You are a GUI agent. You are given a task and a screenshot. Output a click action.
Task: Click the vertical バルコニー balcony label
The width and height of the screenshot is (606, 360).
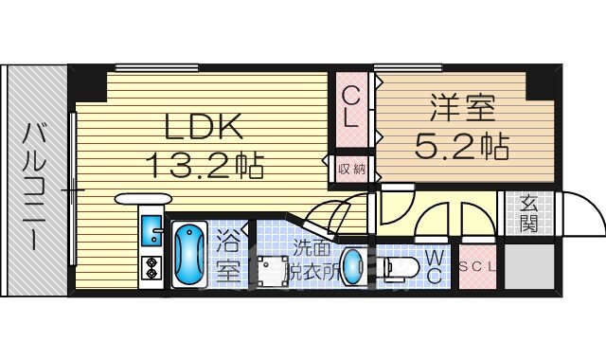[34, 185]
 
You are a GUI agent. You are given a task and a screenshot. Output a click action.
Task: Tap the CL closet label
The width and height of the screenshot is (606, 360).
[350, 107]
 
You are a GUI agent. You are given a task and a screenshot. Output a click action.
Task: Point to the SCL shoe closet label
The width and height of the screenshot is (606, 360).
[477, 267]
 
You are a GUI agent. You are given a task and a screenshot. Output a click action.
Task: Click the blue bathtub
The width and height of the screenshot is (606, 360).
[190, 255]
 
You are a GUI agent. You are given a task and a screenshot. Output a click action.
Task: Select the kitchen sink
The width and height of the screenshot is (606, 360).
[152, 230]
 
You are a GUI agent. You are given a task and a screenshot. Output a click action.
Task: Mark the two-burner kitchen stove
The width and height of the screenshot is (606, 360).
[151, 270]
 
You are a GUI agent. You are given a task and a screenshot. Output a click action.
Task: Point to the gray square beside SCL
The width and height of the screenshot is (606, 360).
[528, 267]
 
